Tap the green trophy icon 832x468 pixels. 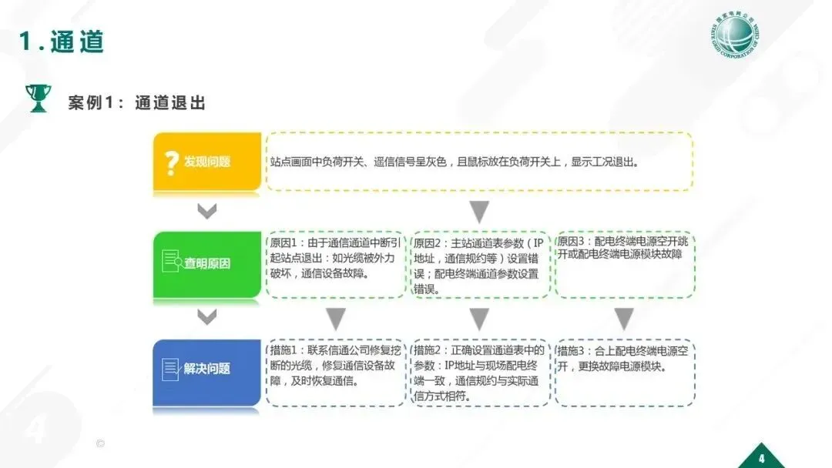pyautogui.click(x=37, y=99)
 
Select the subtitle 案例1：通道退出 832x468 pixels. pyautogui.click(x=137, y=102)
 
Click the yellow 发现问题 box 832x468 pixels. pyautogui.click(x=207, y=162)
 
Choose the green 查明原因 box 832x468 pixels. pyautogui.click(x=207, y=263)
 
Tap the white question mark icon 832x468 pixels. pyautogui.click(x=171, y=162)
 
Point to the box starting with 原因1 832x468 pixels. pyautogui.click(x=336, y=264)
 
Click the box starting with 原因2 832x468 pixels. pyautogui.click(x=480, y=264)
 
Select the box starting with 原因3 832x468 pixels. pyautogui.click(x=624, y=264)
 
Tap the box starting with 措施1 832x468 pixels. pyautogui.click(x=336, y=372)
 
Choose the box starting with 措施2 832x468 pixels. pyautogui.click(x=480, y=372)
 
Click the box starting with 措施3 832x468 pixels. pyautogui.click(x=624, y=372)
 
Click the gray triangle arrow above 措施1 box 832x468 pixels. pyautogui.click(x=336, y=319)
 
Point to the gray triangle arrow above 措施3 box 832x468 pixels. pyautogui.click(x=624, y=319)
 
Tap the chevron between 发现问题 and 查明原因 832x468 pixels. pyautogui.click(x=206, y=210)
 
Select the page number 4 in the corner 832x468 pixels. pyautogui.click(x=762, y=452)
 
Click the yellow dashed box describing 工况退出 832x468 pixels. pyautogui.click(x=479, y=162)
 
